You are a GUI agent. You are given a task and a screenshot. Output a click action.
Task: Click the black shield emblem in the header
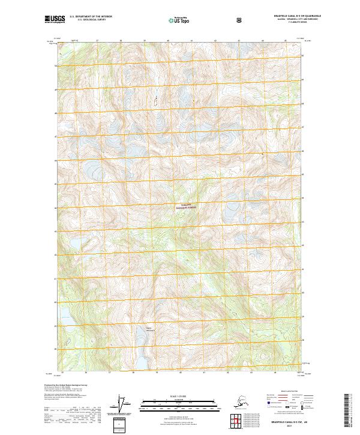239,20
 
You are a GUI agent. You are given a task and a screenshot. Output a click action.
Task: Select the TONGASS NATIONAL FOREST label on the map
186,206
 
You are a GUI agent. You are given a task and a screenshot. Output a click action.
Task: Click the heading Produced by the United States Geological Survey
65,386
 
